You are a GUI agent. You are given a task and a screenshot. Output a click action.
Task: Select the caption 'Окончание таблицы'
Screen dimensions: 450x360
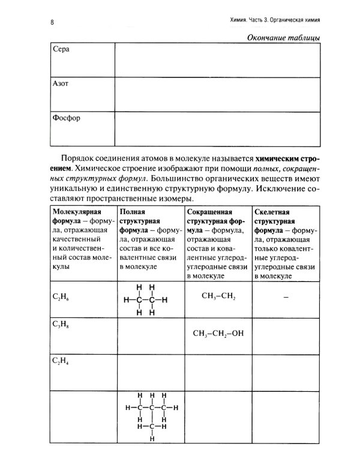pos(282,38)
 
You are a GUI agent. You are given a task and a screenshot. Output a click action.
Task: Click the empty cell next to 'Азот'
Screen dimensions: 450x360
pos(216,93)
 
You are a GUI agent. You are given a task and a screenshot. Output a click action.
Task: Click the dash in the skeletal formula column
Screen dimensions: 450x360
pos(286,297)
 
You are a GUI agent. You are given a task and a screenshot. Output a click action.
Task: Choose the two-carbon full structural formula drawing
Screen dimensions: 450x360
pos(146,299)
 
